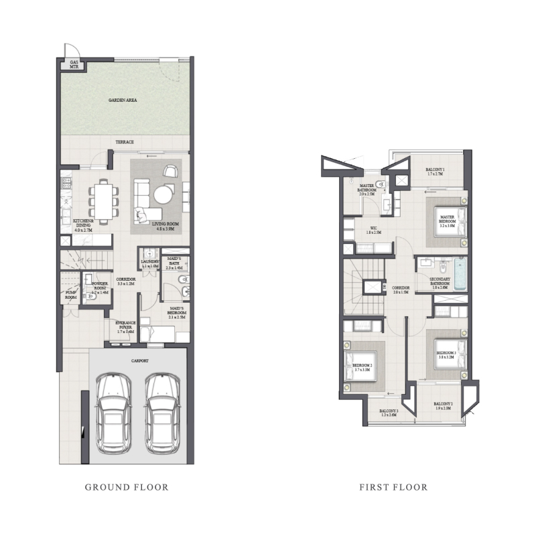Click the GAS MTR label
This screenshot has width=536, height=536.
(x=74, y=65)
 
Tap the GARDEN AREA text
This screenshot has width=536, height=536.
(x=123, y=100)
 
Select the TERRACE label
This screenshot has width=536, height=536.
(x=125, y=142)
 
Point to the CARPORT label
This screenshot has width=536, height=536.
(x=139, y=360)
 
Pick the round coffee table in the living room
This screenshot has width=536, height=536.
(x=164, y=194)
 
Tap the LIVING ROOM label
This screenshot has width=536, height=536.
(x=163, y=226)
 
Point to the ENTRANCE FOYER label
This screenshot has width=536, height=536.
(x=125, y=329)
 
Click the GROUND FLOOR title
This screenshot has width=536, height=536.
(x=127, y=487)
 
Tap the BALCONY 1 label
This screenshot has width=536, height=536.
(x=440, y=172)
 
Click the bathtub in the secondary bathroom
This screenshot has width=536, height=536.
(x=459, y=275)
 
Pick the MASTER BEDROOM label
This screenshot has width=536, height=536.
(x=447, y=219)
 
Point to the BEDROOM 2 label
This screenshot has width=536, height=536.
(x=362, y=368)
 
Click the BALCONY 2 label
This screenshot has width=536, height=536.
(x=443, y=405)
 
